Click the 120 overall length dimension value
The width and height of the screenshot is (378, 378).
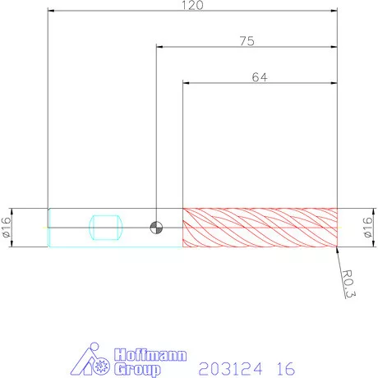click(192, 5)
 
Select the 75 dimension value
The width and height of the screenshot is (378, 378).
click(247, 41)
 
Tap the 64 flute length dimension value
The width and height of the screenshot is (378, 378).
click(260, 77)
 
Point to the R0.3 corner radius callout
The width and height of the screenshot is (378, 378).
click(349, 283)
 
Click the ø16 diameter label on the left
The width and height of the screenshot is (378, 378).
click(6, 228)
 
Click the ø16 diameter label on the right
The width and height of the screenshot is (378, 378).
click(367, 228)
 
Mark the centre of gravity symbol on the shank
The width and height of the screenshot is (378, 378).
click(156, 228)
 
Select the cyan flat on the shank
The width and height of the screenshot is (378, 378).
click(106, 228)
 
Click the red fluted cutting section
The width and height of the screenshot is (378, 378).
click(260, 228)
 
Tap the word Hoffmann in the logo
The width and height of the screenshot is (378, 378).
click(150, 355)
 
